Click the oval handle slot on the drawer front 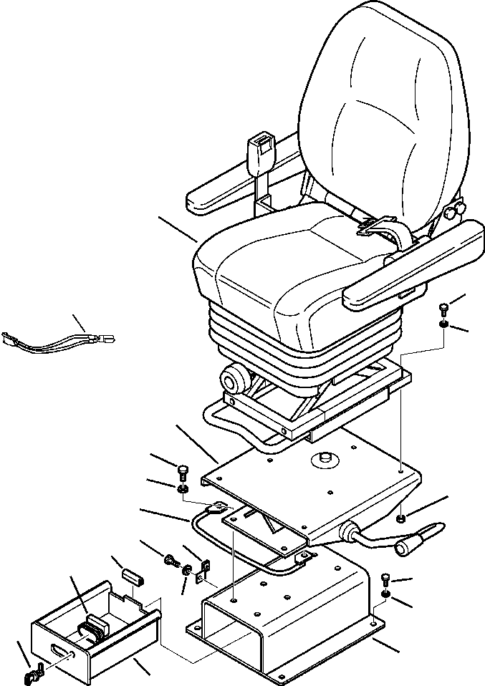[62, 649]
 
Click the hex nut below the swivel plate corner [403, 518]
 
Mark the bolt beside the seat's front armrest [443, 309]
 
